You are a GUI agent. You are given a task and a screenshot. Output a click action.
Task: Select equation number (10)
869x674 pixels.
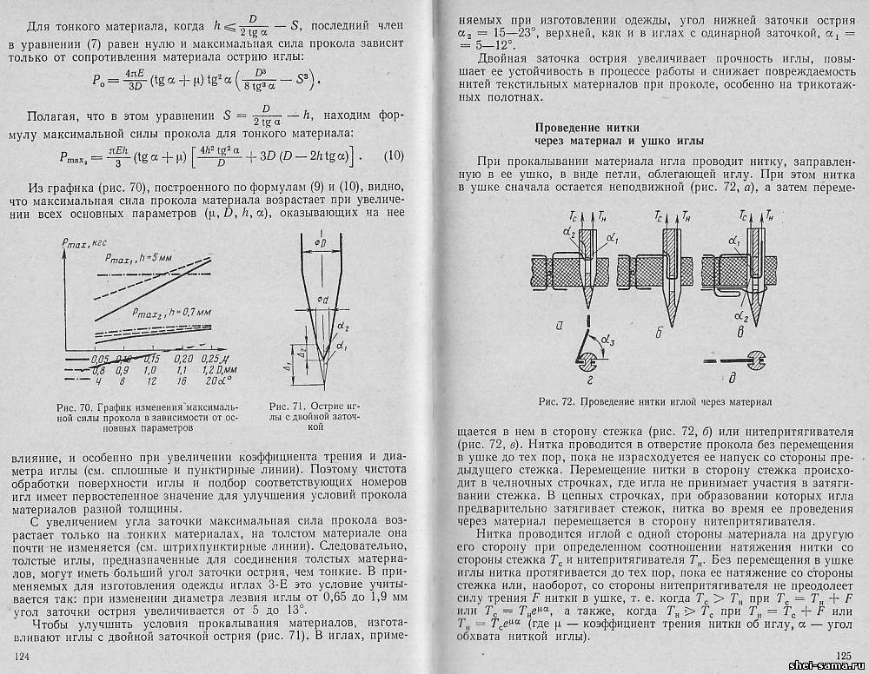pyautogui.click(x=394, y=156)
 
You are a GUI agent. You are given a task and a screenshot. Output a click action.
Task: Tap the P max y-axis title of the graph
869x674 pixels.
pyautogui.click(x=90, y=245)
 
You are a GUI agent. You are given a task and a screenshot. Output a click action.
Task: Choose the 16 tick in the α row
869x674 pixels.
pyautogui.click(x=183, y=380)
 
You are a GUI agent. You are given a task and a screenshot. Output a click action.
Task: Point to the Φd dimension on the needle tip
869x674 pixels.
pyautogui.click(x=322, y=301)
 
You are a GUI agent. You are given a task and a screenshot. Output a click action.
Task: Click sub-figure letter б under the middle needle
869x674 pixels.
pyautogui.click(x=660, y=332)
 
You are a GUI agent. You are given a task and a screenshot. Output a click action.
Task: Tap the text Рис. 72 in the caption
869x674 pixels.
pyautogui.click(x=556, y=401)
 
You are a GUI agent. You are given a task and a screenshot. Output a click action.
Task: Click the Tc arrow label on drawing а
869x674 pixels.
pyautogui.click(x=571, y=215)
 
